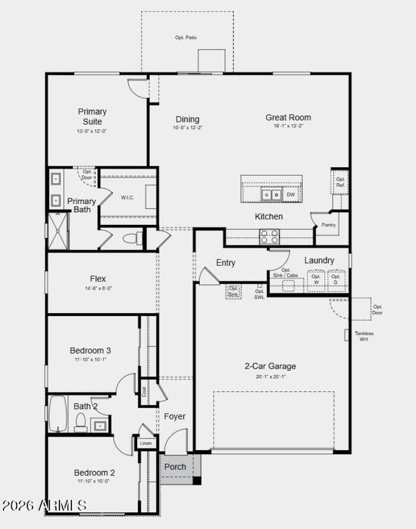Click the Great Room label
tap(288, 117)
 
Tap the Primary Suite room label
tap(93, 116)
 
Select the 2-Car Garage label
tap(270, 366)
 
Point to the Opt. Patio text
tap(186, 37)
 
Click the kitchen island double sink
tap(271, 195)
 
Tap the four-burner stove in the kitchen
tap(269, 236)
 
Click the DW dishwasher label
tap(291, 195)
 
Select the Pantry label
tap(328, 225)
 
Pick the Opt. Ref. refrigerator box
tap(341, 182)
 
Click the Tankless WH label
tap(364, 336)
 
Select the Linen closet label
tap(146, 443)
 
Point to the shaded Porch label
tap(175, 467)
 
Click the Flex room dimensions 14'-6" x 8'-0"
tap(98, 288)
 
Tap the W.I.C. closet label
tap(128, 197)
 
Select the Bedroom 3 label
tap(90, 350)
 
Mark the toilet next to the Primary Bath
tap(133, 238)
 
